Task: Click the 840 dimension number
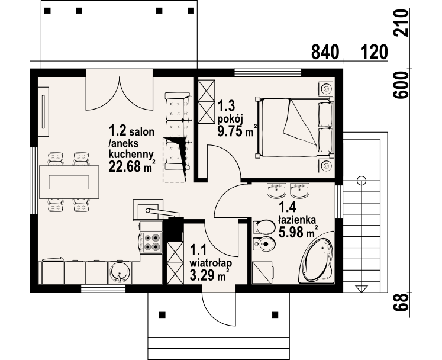pyautogui.click(x=325, y=52)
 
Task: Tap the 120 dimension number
pyautogui.click(x=374, y=52)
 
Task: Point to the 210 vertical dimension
pyautogui.click(x=401, y=22)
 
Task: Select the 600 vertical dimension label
pyautogui.click(x=401, y=85)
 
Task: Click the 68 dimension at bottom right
pyautogui.click(x=401, y=302)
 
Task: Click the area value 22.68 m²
pyautogui.click(x=132, y=166)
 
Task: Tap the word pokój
pyautogui.click(x=230, y=119)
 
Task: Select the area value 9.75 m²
pyautogui.click(x=237, y=131)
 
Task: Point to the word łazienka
pyautogui.click(x=297, y=219)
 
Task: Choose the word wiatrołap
pyautogui.click(x=211, y=263)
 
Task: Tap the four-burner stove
pyautogui.click(x=152, y=242)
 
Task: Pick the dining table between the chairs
pyautogui.click(x=69, y=182)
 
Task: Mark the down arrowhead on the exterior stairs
pyautogui.click(x=362, y=288)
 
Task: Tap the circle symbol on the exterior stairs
pyautogui.click(x=362, y=180)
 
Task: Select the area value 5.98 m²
pyautogui.click(x=298, y=232)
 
